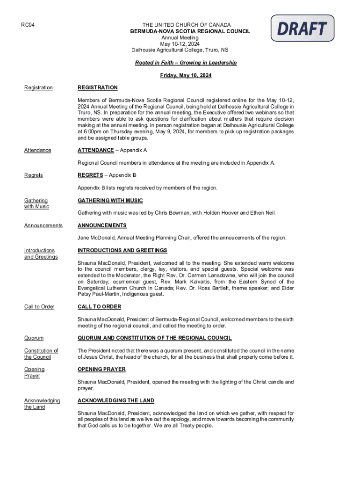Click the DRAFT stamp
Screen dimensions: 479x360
[x=302, y=28]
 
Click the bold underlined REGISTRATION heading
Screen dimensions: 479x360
[x=97, y=88]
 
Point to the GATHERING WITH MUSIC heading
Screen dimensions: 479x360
[x=110, y=201]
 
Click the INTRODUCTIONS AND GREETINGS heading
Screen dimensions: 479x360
[x=122, y=251]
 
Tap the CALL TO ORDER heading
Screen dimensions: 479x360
[x=99, y=307]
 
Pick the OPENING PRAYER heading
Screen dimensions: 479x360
[x=101, y=370]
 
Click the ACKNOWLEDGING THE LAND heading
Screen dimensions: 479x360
[x=115, y=401]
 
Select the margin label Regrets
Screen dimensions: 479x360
[x=33, y=175]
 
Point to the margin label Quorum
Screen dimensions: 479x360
[x=34, y=338]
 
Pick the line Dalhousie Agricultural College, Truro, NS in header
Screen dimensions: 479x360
[x=180, y=50]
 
